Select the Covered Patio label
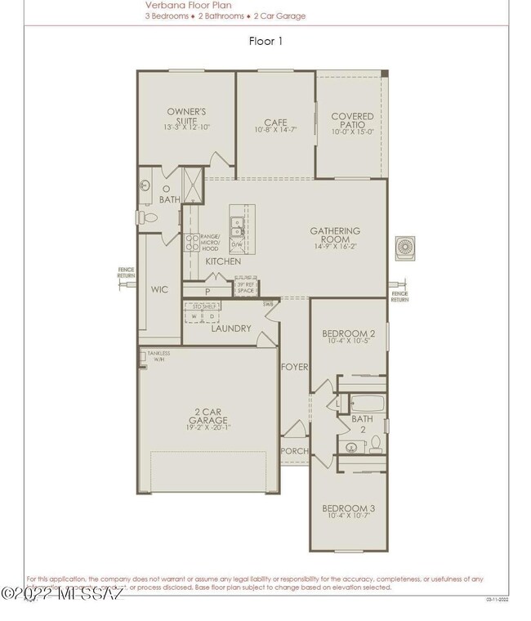[352, 123]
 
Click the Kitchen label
[223, 261]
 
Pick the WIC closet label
[159, 289]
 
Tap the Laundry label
[230, 328]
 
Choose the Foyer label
[294, 367]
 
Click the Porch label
[294, 451]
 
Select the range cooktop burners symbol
[190, 241]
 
